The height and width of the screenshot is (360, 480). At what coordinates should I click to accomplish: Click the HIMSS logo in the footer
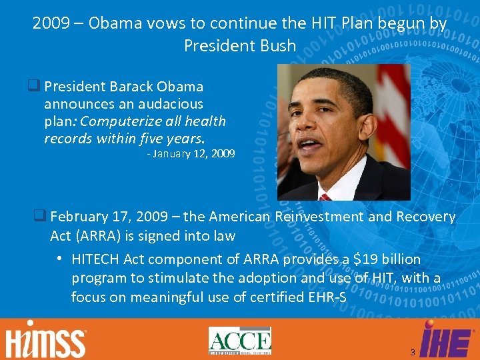click(x=46, y=341)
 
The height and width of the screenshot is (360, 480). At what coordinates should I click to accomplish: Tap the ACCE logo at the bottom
click(x=239, y=341)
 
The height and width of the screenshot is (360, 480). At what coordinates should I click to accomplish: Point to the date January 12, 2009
click(x=191, y=153)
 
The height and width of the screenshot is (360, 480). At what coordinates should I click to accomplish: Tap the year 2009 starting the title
click(x=50, y=24)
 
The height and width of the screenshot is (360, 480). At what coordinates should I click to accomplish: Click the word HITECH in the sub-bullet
click(x=95, y=259)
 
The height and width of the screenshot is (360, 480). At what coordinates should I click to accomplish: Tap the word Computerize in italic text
click(x=117, y=121)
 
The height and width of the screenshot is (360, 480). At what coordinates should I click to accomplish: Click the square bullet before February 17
click(x=39, y=215)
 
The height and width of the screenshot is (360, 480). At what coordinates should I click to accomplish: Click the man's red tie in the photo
click(x=325, y=197)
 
